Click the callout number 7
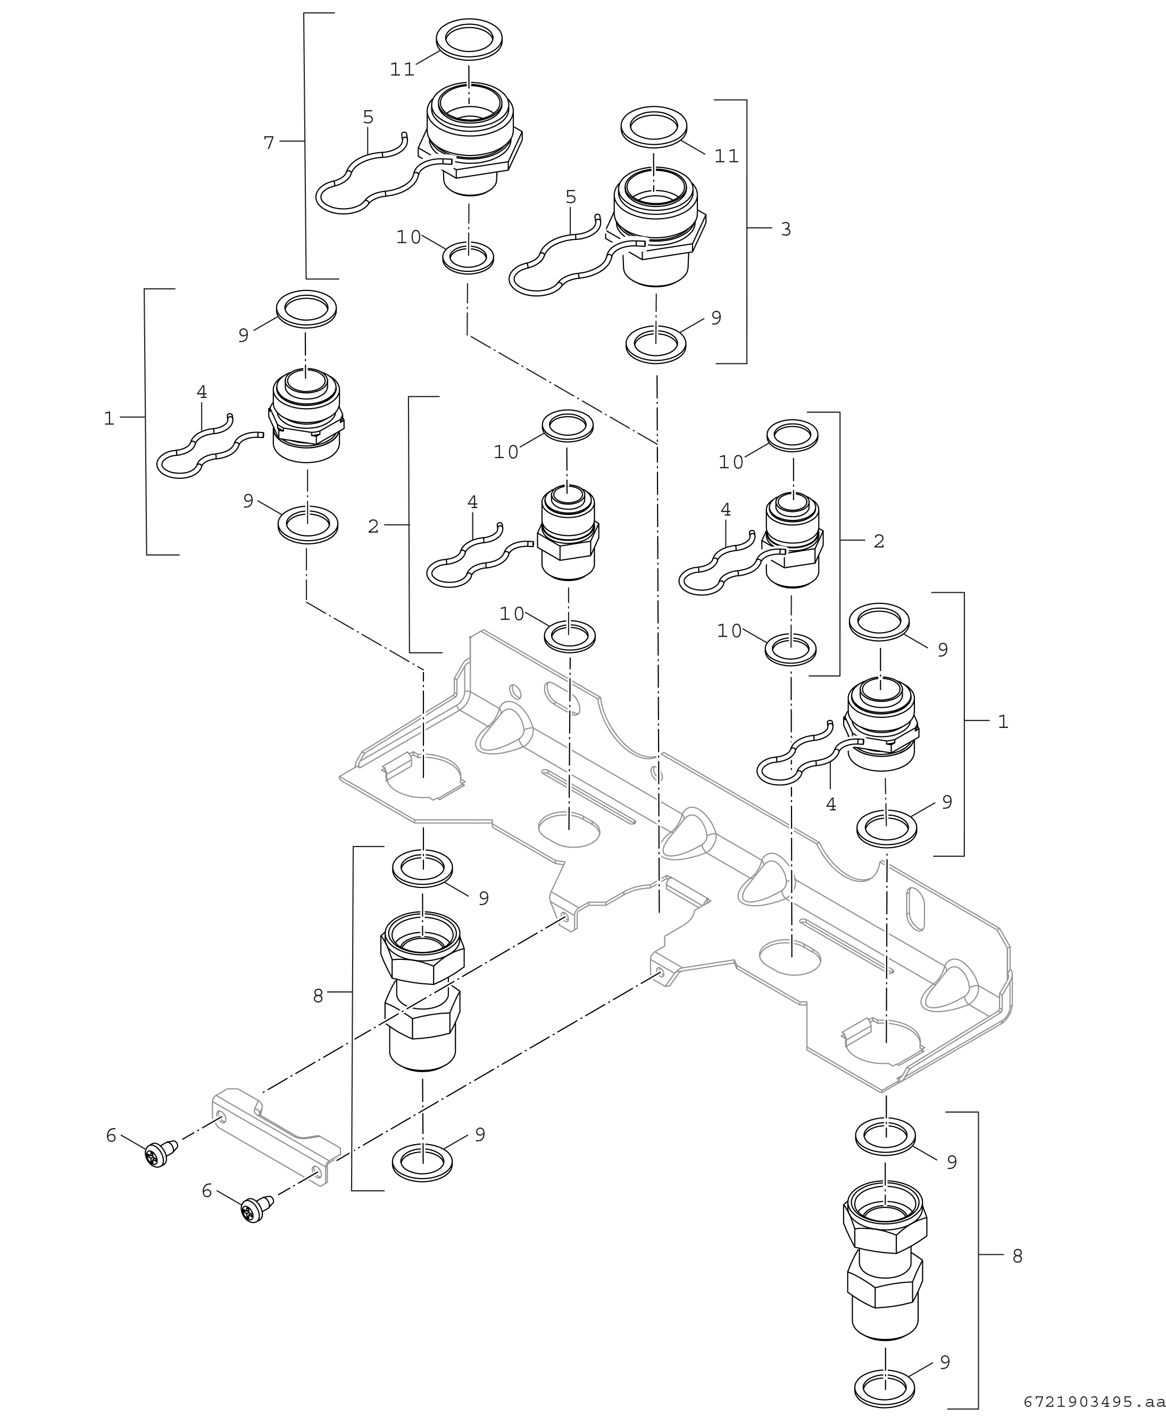(269, 143)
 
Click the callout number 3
(786, 229)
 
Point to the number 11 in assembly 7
(402, 70)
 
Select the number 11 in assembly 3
(727, 156)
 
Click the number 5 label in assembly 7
(368, 118)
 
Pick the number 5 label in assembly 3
(571, 197)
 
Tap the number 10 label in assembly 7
(409, 237)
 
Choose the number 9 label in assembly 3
(716, 318)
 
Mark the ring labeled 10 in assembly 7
(468, 258)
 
